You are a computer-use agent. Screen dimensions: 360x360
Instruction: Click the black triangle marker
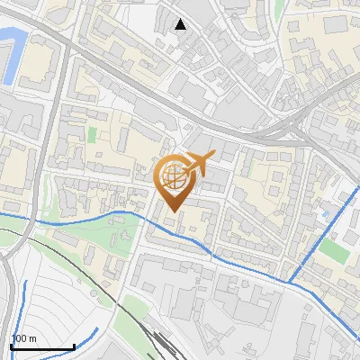(181, 24)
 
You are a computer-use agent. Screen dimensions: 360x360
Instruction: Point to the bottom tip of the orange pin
(172, 211)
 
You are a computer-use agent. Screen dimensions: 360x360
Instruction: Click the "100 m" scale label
(23, 338)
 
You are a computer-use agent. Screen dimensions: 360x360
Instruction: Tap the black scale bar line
(41, 346)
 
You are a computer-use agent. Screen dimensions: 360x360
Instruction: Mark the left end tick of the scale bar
(10, 346)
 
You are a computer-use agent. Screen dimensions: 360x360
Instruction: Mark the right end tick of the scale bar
(74, 346)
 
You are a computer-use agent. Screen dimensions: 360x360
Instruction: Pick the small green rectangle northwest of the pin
(92, 135)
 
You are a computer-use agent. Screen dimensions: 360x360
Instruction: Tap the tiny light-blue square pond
(324, 214)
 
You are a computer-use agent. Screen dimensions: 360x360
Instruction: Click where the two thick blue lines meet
(291, 281)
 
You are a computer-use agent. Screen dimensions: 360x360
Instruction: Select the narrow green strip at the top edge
(279, 7)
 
